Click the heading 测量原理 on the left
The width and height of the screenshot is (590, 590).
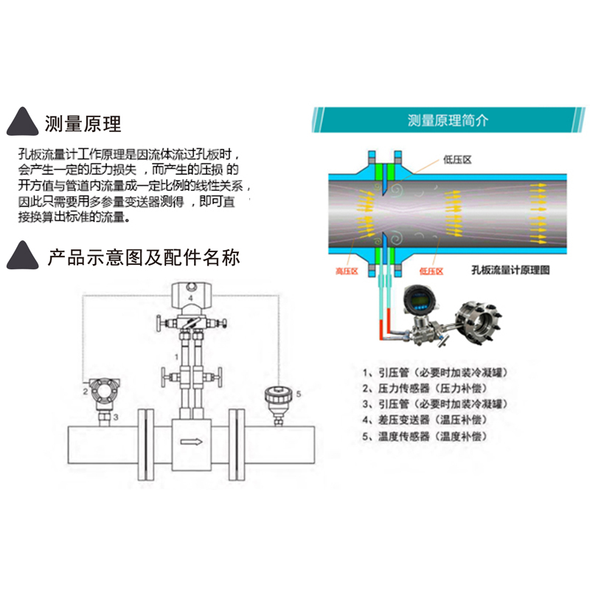tap(83, 122)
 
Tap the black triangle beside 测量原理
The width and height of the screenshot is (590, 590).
tap(24, 123)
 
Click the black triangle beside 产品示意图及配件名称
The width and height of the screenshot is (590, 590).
tap(24, 256)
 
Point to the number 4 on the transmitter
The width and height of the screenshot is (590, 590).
tap(190, 297)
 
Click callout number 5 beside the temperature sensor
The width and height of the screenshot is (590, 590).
tap(299, 395)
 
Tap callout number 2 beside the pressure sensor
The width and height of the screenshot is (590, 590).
tap(86, 392)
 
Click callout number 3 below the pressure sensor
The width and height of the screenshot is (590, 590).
tap(116, 417)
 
